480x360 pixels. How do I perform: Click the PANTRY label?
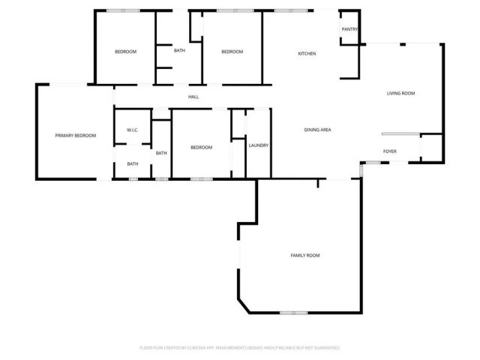[349, 29]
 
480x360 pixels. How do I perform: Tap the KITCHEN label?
[307, 54]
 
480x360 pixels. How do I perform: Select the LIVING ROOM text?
[400, 93]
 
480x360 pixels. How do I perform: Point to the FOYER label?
[390, 151]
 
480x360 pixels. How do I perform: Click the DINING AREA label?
[318, 130]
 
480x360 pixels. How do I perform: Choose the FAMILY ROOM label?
[305, 256]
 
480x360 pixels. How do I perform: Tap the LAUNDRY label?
[259, 145]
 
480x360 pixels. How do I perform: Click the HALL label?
[193, 97]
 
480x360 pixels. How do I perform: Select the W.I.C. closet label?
[132, 130]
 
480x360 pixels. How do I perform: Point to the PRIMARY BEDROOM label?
[76, 136]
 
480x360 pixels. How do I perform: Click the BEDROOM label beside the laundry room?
[201, 147]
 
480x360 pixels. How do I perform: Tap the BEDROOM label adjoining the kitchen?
[232, 51]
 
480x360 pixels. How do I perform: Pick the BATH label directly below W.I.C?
[132, 163]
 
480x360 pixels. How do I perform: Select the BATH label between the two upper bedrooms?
[180, 51]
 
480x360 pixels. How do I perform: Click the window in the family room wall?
[293, 312]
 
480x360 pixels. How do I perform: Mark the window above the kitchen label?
[289, 10]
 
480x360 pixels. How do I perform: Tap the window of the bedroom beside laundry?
[201, 178]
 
